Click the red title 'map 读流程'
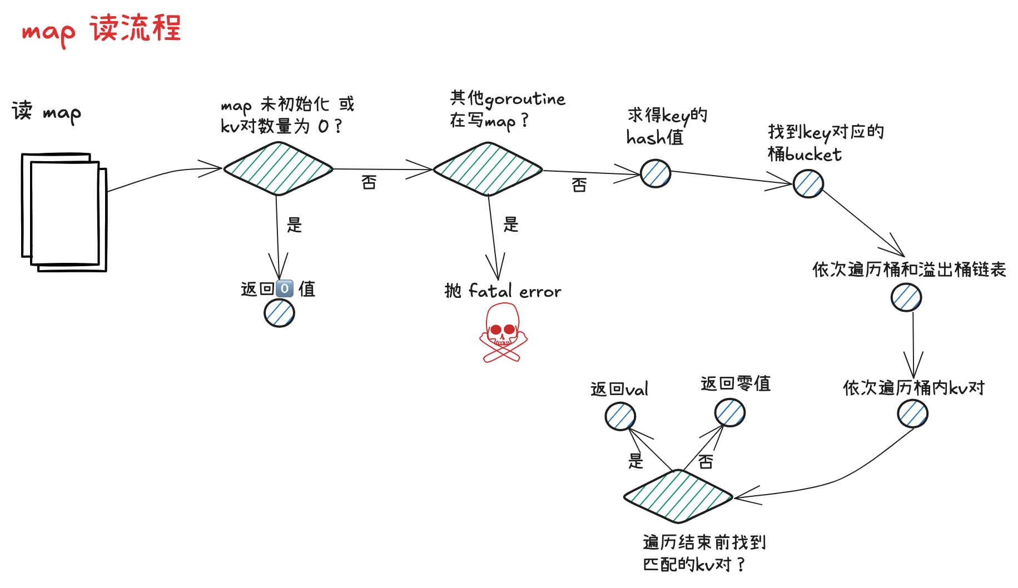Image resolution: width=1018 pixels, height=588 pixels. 102,29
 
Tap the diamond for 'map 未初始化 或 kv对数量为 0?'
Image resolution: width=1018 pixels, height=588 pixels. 278,168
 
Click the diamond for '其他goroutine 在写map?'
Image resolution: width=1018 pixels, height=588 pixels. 488,169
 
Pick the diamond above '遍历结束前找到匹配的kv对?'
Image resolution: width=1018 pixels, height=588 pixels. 678,496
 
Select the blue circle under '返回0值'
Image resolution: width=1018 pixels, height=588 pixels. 279,313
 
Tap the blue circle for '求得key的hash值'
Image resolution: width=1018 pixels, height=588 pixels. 656,173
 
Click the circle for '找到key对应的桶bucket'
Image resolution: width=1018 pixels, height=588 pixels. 808,184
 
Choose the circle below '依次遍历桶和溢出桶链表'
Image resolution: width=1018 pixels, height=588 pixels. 906,297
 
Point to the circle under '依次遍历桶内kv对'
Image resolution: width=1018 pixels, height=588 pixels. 913,414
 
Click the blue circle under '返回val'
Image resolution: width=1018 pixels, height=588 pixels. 620,416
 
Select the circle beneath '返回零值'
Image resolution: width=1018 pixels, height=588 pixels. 729,413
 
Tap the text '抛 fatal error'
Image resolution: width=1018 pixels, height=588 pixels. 503,291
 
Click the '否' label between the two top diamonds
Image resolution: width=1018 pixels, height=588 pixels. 369,182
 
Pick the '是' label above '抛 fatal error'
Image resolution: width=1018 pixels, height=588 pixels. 510,225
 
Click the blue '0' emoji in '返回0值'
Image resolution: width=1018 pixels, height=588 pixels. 285,288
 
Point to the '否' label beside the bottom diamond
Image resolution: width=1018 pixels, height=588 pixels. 706,461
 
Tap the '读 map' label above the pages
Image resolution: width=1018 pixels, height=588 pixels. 46,112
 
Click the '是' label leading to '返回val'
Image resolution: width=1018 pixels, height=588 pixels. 635,461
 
